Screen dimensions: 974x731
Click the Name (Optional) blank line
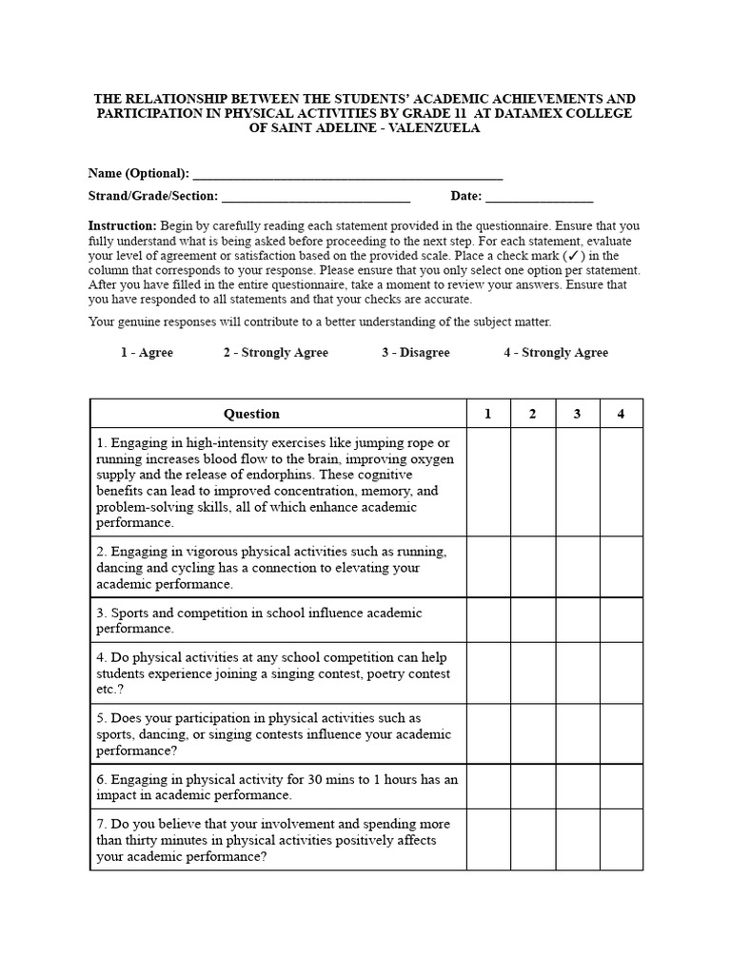coord(346,175)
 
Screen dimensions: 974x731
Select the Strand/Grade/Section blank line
coord(315,198)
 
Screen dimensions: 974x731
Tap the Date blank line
coord(539,198)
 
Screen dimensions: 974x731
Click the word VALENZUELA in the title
coord(433,128)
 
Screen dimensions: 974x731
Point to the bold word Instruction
coord(122,226)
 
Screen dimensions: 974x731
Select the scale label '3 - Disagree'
coord(416,353)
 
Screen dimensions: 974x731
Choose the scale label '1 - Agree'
coord(147,353)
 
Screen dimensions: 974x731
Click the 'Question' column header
coord(251,414)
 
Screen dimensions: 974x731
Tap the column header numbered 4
coord(621,414)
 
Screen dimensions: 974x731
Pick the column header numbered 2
coord(533,414)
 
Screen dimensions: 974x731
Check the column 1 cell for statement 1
coord(488,482)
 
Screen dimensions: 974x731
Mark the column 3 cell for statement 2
coord(577,567)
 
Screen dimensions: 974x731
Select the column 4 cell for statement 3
coord(621,620)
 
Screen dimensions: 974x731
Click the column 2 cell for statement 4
coord(533,672)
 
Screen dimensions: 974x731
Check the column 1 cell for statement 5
coord(488,734)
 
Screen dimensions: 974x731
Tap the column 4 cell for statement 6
coord(621,787)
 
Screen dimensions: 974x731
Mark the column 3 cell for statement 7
coord(577,840)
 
